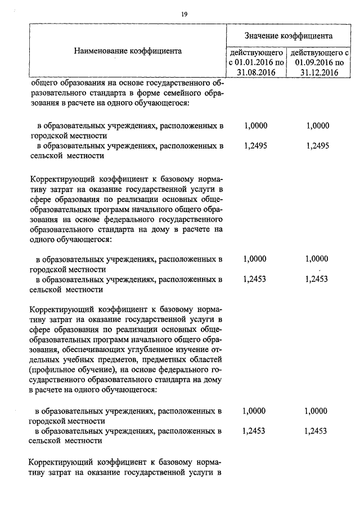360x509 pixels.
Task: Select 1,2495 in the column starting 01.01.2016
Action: click(x=256, y=145)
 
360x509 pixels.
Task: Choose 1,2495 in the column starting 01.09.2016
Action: click(x=318, y=145)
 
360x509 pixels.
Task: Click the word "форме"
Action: click(x=154, y=93)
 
